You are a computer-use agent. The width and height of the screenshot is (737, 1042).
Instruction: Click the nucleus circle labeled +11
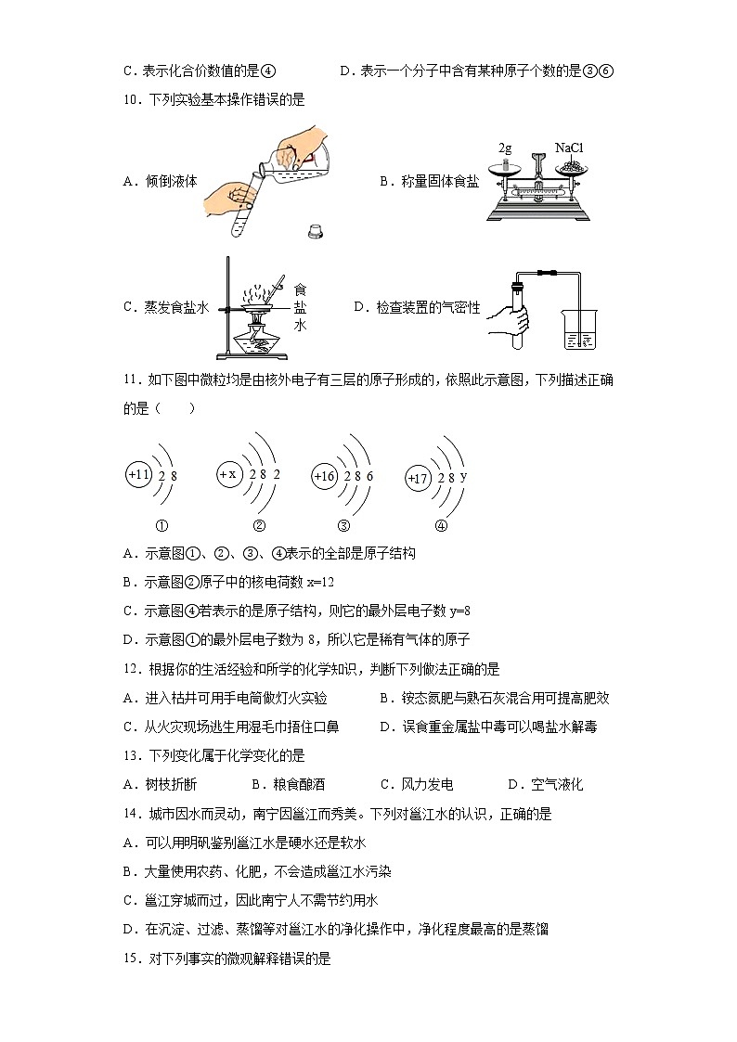click(138, 475)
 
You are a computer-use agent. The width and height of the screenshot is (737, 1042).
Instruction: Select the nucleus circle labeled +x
click(228, 474)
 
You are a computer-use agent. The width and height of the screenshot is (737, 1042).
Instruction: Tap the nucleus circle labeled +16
click(324, 476)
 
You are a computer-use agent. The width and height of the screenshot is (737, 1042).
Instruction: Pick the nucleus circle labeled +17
click(419, 478)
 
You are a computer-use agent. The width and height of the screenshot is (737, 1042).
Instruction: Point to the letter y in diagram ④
click(463, 476)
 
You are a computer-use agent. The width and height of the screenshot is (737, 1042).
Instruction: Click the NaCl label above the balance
click(569, 148)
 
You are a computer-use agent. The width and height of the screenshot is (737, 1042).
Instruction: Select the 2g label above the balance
click(505, 148)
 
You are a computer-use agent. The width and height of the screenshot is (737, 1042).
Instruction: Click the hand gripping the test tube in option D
click(512, 320)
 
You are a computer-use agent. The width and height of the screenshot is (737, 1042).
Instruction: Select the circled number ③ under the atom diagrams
click(343, 525)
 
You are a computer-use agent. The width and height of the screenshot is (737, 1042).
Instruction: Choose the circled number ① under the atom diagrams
click(161, 525)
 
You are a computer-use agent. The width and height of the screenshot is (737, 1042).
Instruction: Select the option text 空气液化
click(557, 785)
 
